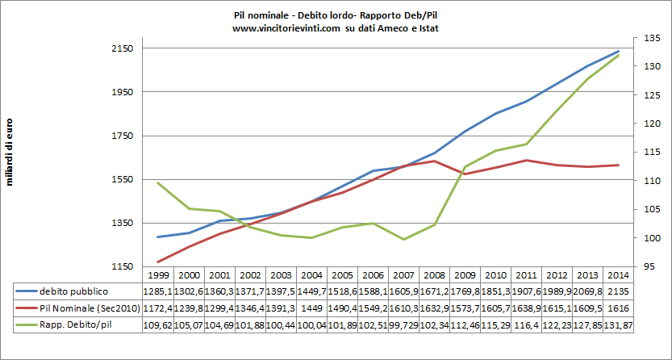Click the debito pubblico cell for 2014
tap(617, 291)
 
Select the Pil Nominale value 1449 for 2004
tap(312, 308)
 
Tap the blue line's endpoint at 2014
tap(618, 52)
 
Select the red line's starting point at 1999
tap(158, 262)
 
